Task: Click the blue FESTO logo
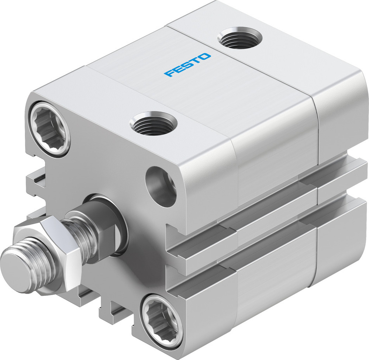coord(188,65)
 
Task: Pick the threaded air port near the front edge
coord(155,123)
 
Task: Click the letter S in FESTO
coord(188,65)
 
